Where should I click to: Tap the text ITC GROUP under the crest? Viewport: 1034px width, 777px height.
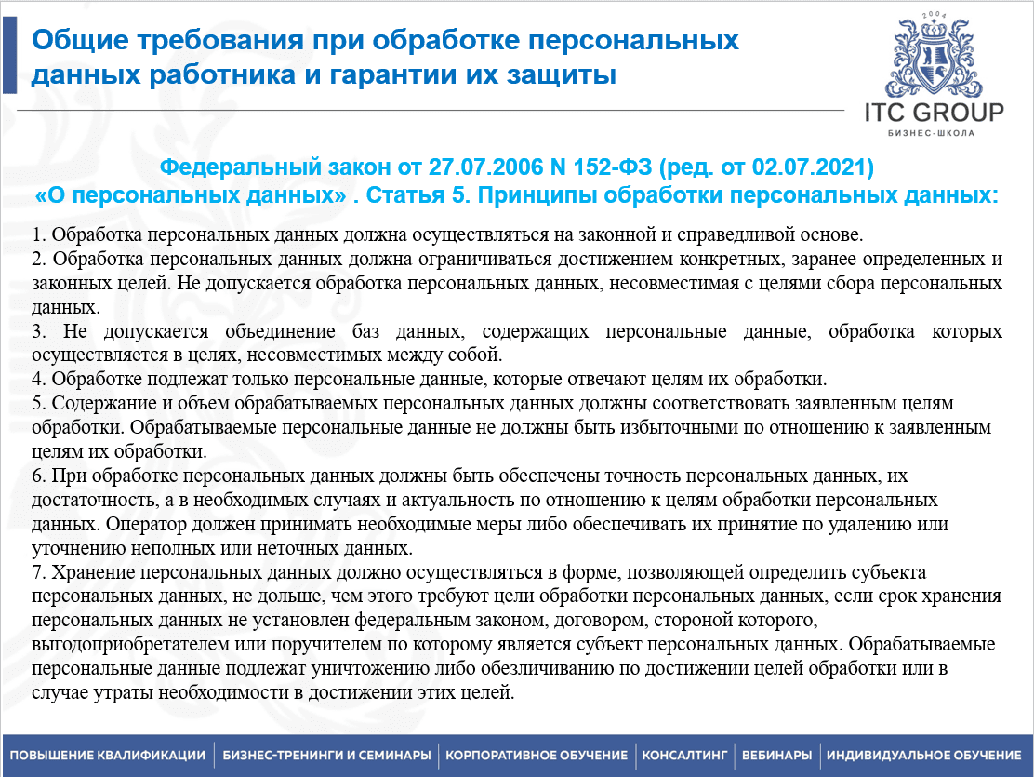point(934,113)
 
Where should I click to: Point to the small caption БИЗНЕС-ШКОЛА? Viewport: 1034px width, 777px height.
point(931,133)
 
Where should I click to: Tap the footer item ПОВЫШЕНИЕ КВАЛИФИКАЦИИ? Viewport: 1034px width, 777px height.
point(108,756)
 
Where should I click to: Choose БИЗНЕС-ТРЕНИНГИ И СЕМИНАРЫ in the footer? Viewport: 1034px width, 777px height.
point(326,756)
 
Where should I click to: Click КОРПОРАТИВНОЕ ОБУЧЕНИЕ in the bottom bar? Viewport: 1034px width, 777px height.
point(537,756)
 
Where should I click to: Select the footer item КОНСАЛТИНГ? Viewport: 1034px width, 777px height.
point(684,756)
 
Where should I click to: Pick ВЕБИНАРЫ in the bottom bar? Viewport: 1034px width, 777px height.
point(776,756)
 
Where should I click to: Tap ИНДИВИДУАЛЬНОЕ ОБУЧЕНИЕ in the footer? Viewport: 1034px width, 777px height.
point(924,756)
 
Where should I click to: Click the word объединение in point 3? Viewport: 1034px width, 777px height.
point(280,331)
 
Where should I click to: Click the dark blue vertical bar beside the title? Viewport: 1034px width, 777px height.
point(9,56)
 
